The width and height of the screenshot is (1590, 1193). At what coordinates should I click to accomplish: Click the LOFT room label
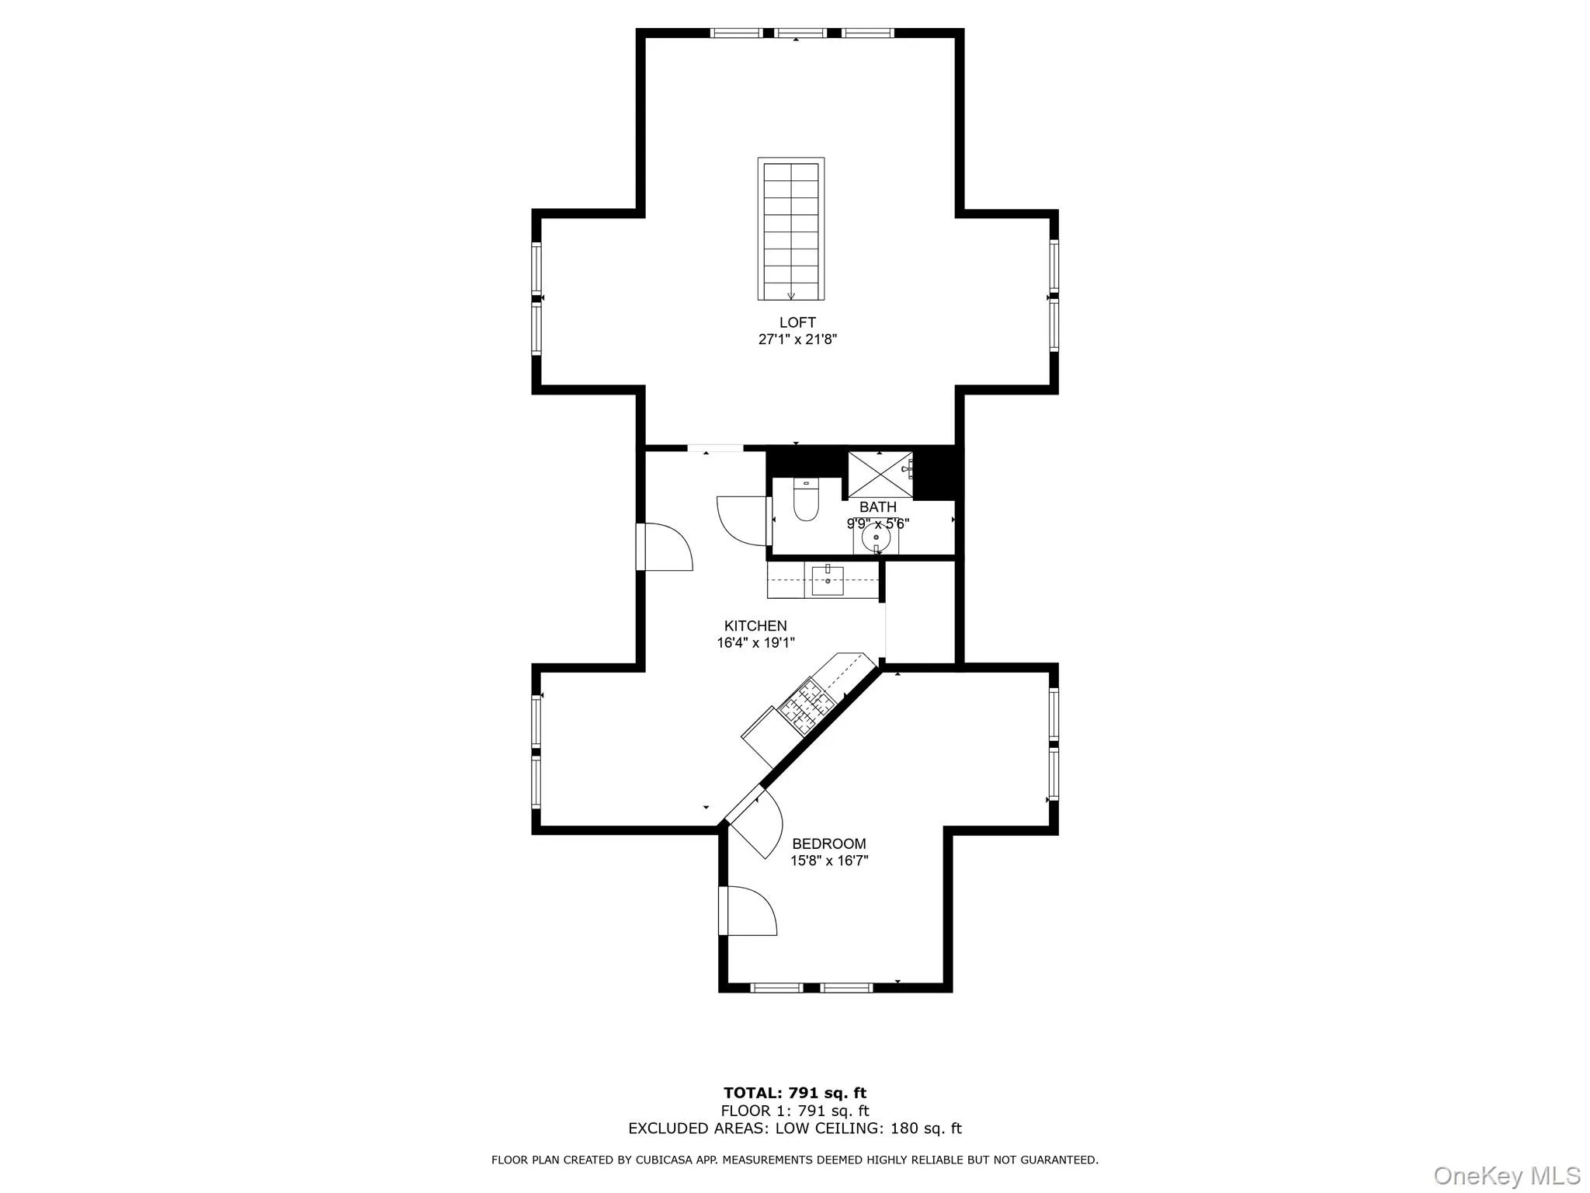797,322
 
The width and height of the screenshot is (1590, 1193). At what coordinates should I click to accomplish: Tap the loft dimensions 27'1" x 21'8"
797,339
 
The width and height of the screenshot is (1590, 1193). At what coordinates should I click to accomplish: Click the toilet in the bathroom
806,501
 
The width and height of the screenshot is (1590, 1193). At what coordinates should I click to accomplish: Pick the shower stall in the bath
879,473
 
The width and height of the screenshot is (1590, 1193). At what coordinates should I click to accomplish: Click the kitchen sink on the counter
828,580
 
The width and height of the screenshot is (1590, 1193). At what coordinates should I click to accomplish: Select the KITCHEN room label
755,626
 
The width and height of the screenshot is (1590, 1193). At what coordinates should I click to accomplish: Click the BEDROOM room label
829,843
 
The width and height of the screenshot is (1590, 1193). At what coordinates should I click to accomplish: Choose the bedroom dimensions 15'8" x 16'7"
829,861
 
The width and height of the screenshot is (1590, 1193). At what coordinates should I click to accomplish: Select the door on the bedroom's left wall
747,910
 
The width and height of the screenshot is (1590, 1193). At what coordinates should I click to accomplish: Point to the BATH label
878,507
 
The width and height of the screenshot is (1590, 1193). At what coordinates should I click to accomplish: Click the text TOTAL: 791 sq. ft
795,1094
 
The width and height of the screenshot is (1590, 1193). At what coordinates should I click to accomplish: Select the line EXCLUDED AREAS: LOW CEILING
795,1129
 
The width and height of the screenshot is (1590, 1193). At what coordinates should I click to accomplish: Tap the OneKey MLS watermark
1507,1175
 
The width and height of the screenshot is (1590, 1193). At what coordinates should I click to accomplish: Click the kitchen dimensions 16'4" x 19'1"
755,643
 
